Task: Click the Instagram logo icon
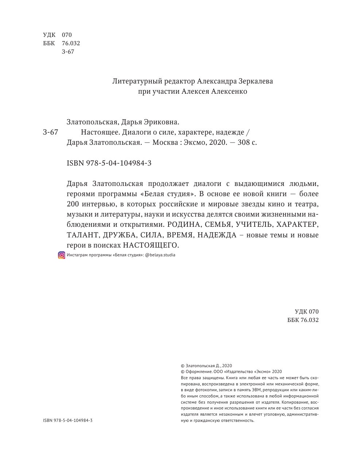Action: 62,255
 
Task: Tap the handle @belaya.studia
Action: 160,255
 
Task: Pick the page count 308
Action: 244,142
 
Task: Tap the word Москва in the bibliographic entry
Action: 163,142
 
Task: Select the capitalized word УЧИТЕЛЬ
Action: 254,225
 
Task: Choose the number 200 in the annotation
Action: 74,204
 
